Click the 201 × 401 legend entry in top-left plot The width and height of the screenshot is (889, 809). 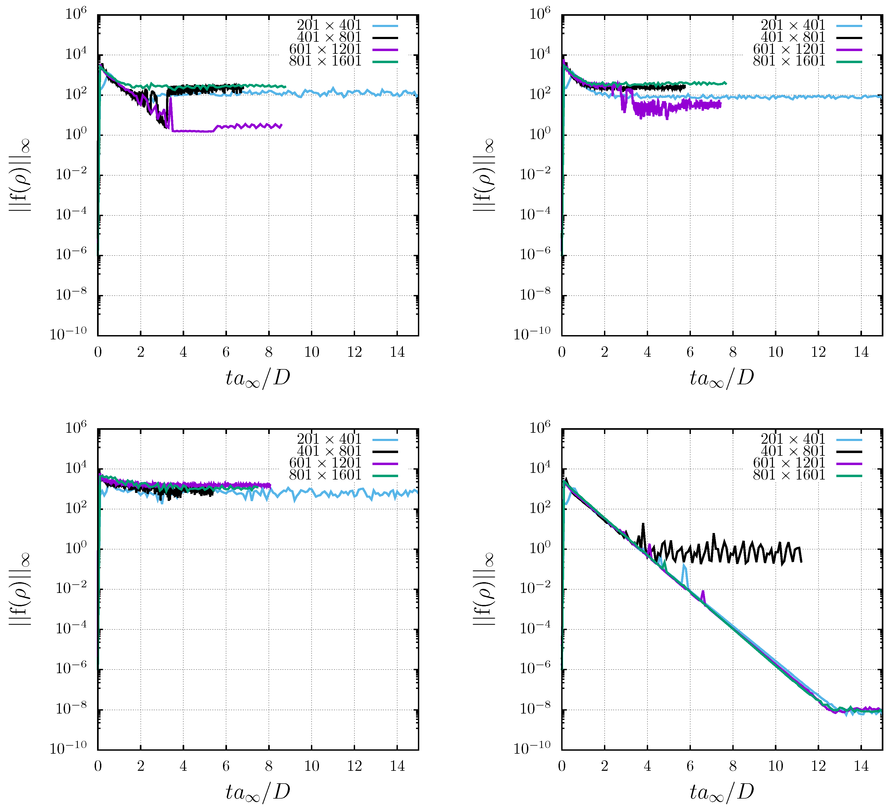point(329,25)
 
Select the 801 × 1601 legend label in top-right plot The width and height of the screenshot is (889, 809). point(788,61)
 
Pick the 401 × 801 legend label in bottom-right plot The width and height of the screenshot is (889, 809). point(792,451)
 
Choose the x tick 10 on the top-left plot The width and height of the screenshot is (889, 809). point(311,352)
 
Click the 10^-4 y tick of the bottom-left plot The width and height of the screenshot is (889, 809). point(71,628)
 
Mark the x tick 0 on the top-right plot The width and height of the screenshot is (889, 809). point(561,352)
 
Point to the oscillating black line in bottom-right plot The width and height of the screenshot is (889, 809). point(723,552)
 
